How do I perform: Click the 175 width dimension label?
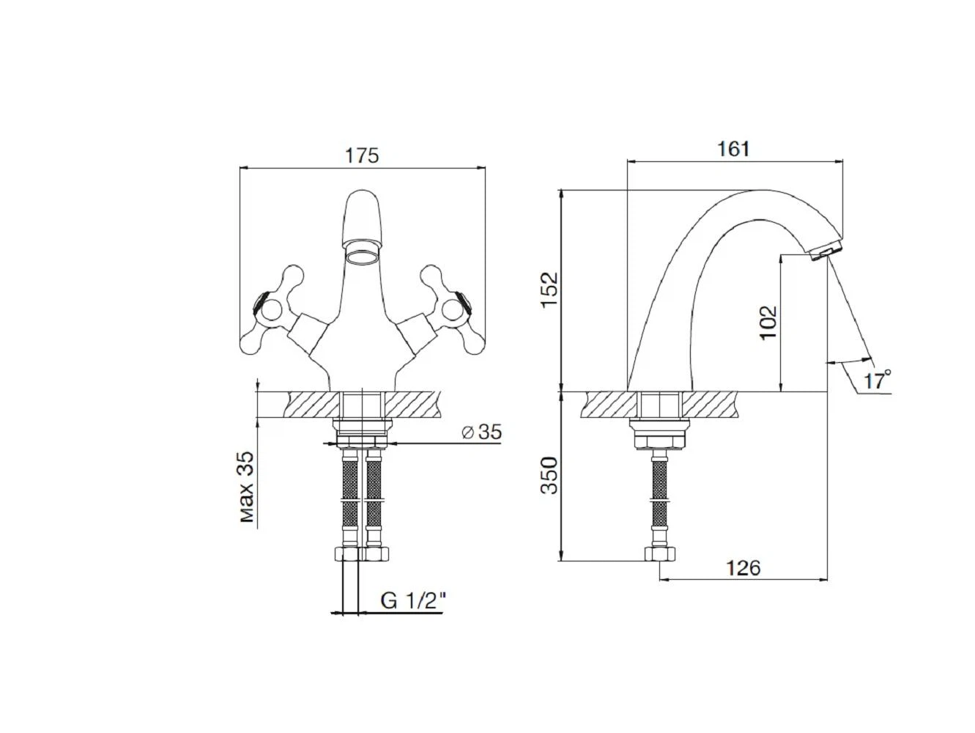[362, 155]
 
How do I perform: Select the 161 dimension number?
[733, 149]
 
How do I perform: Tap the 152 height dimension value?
[549, 290]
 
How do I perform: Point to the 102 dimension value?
[768, 323]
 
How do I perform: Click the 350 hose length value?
[549, 475]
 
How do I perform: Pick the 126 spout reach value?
[743, 567]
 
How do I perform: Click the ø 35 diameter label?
[482, 432]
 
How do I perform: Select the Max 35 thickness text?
[247, 487]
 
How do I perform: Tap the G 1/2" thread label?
[412, 601]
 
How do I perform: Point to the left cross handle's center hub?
[270, 310]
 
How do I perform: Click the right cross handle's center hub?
[454, 310]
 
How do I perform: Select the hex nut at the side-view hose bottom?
[659, 553]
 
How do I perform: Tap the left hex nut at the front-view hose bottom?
[346, 553]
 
